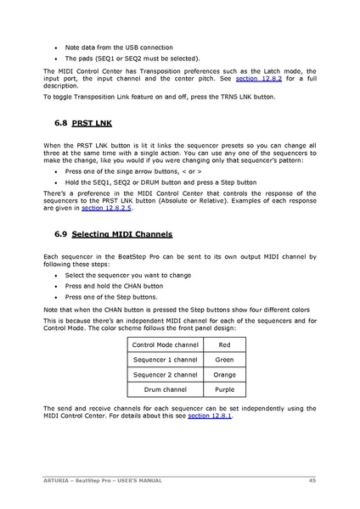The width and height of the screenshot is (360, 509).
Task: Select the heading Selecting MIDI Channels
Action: click(122, 233)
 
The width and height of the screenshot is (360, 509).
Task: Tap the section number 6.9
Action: click(59, 233)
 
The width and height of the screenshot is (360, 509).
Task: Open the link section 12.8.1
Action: click(209, 417)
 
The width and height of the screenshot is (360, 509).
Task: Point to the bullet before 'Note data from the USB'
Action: click(56, 48)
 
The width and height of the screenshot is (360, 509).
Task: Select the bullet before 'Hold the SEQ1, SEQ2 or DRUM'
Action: click(56, 182)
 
